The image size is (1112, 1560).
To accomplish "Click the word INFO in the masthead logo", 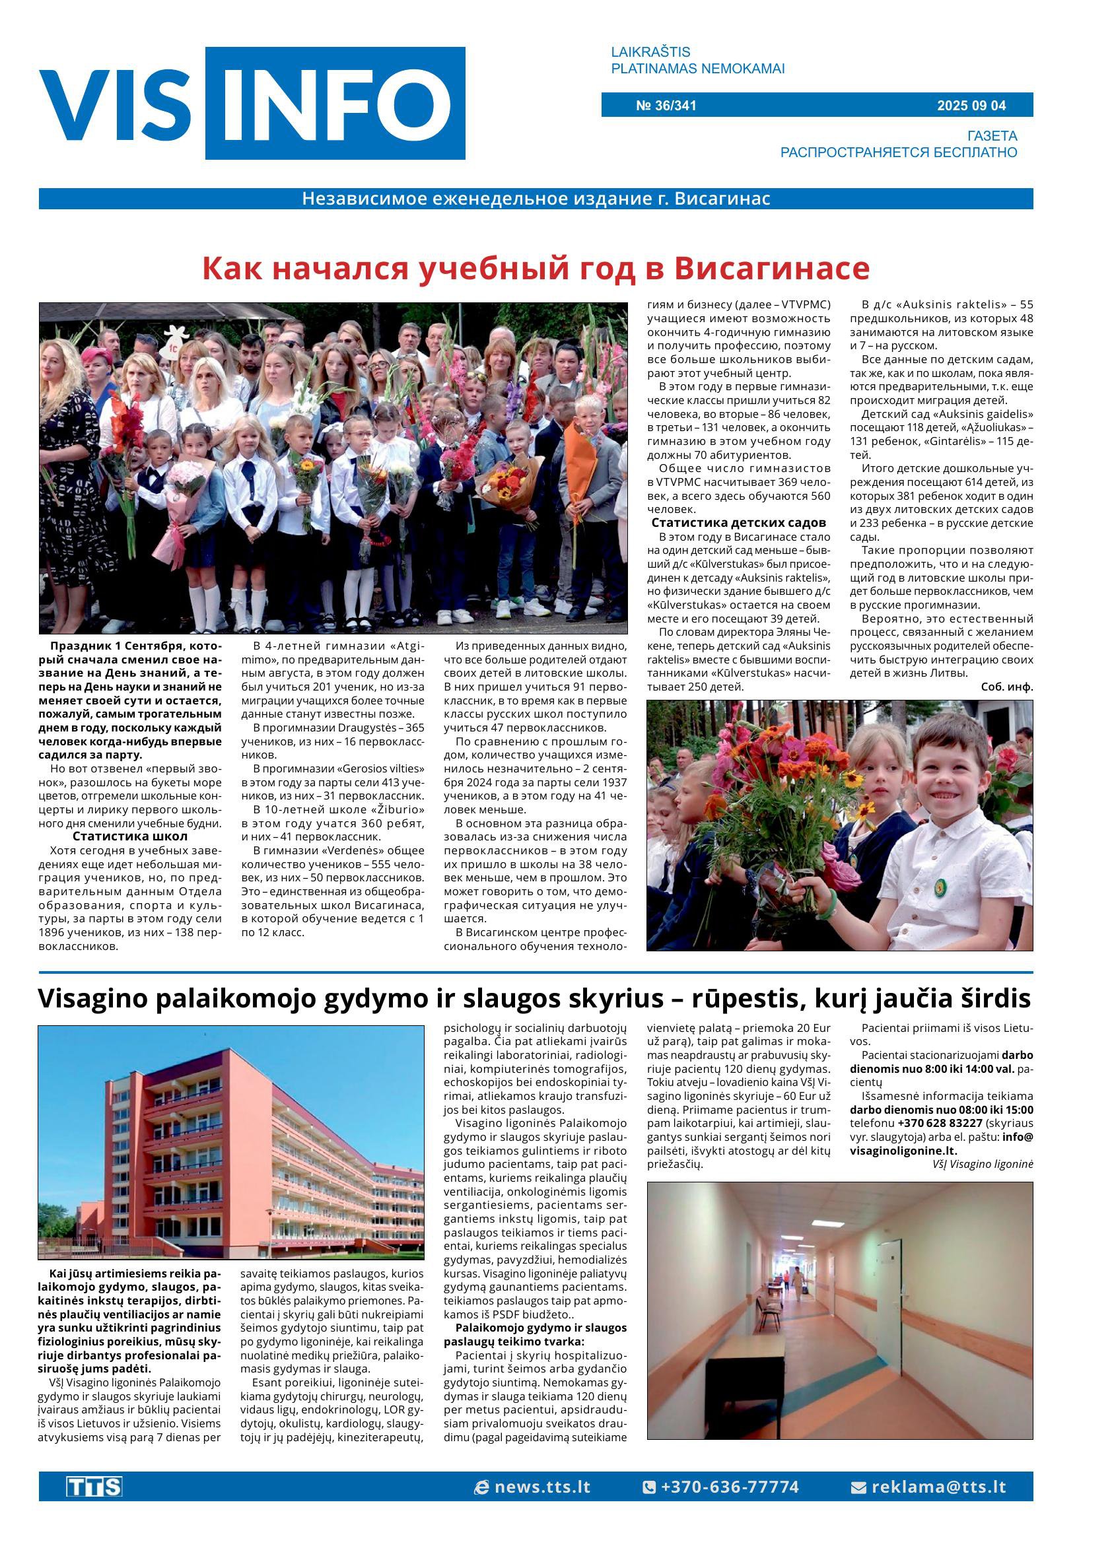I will click(x=335, y=104).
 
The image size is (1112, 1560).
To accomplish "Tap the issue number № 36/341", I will click(x=666, y=106).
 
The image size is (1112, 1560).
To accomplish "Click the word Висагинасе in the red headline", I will click(x=772, y=268).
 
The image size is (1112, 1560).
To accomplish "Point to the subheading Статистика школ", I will click(x=129, y=836).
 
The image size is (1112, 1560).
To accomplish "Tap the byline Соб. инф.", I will click(x=1006, y=687).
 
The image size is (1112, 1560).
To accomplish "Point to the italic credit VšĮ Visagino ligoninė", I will click(x=983, y=1164).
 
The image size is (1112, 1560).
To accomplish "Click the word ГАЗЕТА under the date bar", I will click(x=991, y=135).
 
